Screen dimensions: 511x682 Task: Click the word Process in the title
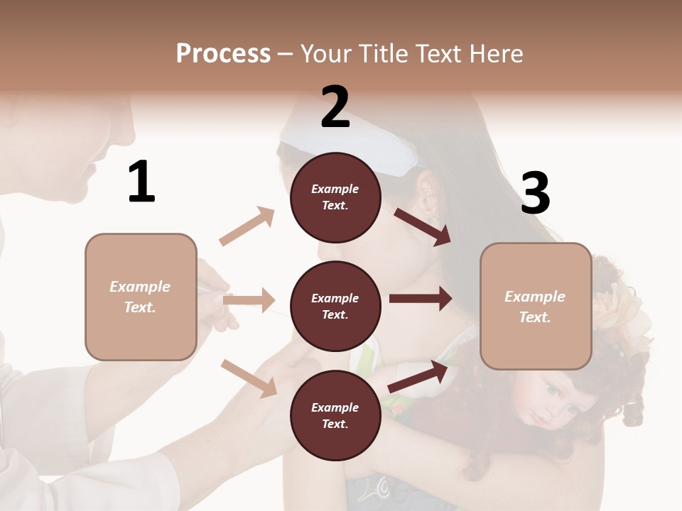(223, 54)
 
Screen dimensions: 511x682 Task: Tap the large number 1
(141, 182)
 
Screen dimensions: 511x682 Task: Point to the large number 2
(335, 107)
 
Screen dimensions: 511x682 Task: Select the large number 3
(535, 193)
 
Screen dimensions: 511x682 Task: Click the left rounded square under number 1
(141, 297)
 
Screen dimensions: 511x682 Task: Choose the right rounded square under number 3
(536, 307)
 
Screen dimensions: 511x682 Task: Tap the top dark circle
(335, 197)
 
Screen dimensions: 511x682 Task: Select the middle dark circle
(335, 306)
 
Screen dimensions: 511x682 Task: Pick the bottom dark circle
(335, 415)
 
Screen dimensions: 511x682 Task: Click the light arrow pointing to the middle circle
(249, 300)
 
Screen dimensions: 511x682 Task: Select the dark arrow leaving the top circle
(423, 226)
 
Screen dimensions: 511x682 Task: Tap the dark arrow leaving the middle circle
(421, 299)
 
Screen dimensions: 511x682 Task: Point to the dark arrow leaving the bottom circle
(418, 376)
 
